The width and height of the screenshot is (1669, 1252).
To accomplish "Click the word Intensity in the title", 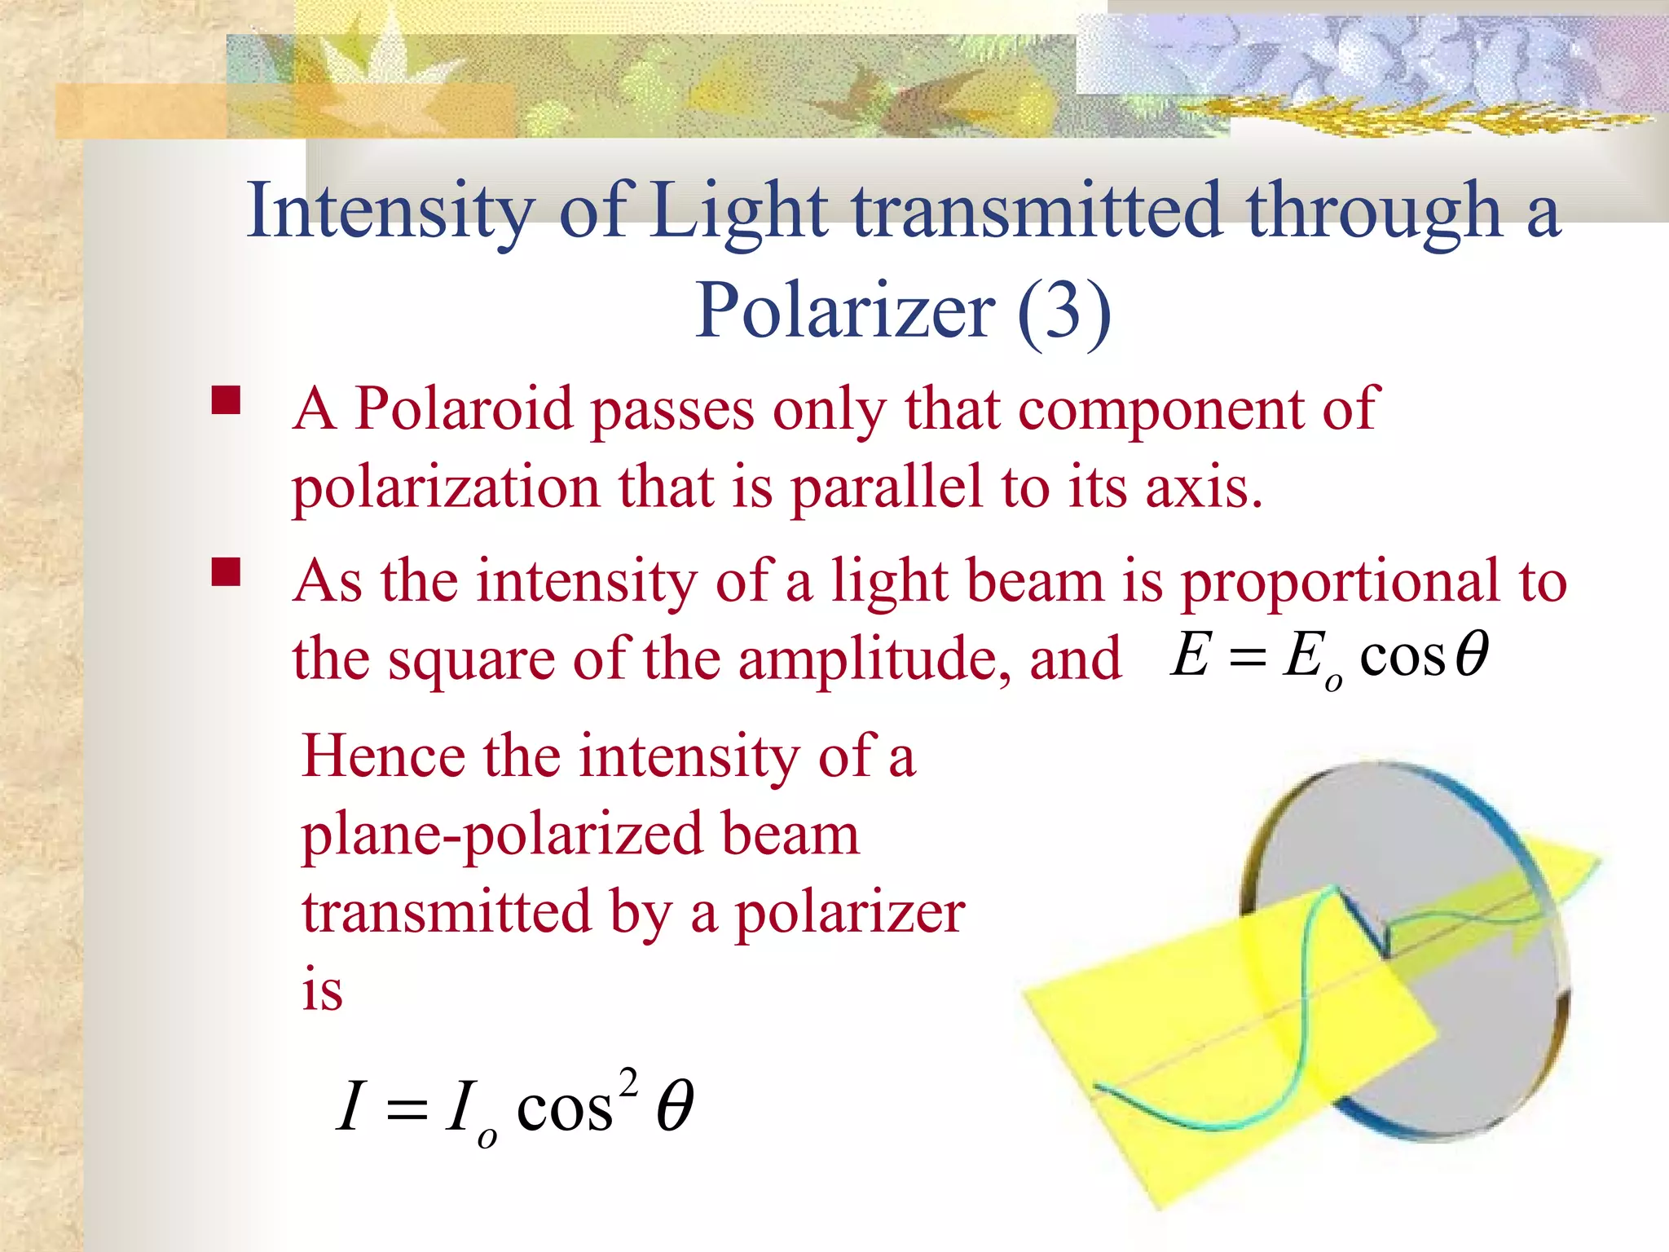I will pyautogui.click(x=390, y=212).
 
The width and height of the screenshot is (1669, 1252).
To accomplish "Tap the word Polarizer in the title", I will pyautogui.click(x=844, y=311).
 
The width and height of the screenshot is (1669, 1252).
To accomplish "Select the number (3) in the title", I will pyautogui.click(x=1064, y=311).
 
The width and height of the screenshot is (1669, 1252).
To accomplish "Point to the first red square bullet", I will pyautogui.click(x=225, y=401).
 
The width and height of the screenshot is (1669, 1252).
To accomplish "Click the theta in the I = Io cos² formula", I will pyautogui.click(x=675, y=1107).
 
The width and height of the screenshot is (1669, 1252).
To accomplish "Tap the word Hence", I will pyautogui.click(x=383, y=756).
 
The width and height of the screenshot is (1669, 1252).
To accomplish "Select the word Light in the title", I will pyautogui.click(x=740, y=212).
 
